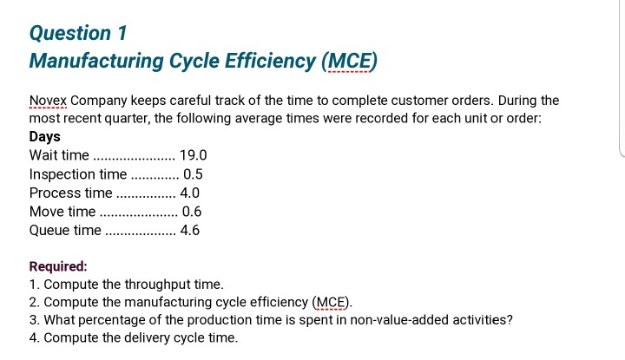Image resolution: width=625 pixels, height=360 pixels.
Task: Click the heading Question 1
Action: (x=78, y=33)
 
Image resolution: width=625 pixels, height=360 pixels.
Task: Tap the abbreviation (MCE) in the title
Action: (x=350, y=62)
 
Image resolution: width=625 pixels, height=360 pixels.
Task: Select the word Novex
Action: (x=49, y=101)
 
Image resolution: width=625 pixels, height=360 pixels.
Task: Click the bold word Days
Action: (x=45, y=137)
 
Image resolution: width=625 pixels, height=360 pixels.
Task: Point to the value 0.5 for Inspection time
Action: (x=193, y=174)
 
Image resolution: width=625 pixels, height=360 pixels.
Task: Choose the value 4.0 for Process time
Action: (x=190, y=193)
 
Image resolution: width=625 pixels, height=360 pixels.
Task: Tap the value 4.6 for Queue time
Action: (x=190, y=231)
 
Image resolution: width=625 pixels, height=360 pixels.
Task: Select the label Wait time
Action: (x=59, y=155)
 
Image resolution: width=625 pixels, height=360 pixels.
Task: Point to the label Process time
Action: (x=71, y=193)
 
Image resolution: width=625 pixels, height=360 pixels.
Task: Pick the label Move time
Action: (x=62, y=212)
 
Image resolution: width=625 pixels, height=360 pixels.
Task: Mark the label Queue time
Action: (x=65, y=231)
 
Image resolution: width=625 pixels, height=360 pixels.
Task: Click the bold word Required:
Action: (x=58, y=267)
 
